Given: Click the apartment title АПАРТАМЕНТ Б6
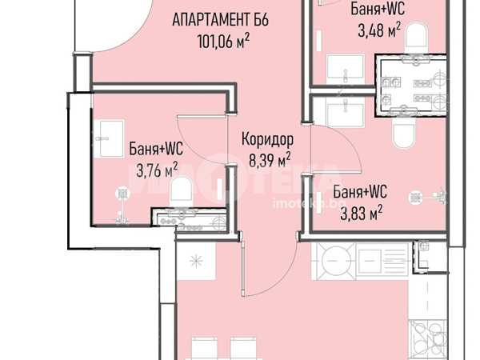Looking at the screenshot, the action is click(x=221, y=20).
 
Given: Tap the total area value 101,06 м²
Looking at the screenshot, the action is click(x=223, y=41).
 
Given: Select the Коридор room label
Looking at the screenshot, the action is click(x=267, y=139).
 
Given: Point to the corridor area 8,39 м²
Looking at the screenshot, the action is click(x=270, y=160).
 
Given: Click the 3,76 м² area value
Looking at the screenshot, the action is click(x=157, y=170).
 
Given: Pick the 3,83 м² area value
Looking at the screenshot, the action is click(x=362, y=213).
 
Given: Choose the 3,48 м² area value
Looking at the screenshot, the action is click(x=379, y=30).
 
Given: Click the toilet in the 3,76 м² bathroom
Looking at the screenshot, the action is click(x=182, y=192).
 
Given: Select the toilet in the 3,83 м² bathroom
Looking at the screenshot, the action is click(x=404, y=133).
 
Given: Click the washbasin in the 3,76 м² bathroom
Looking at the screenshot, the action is click(x=109, y=138).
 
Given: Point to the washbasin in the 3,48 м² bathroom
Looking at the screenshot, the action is click(x=346, y=70).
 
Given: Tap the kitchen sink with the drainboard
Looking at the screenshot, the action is click(x=382, y=261).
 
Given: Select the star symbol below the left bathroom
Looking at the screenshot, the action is click(x=196, y=261).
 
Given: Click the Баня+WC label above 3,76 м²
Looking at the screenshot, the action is click(x=156, y=149).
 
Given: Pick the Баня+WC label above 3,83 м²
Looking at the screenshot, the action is click(x=360, y=192).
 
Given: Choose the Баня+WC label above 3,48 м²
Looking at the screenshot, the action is click(x=378, y=9).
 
